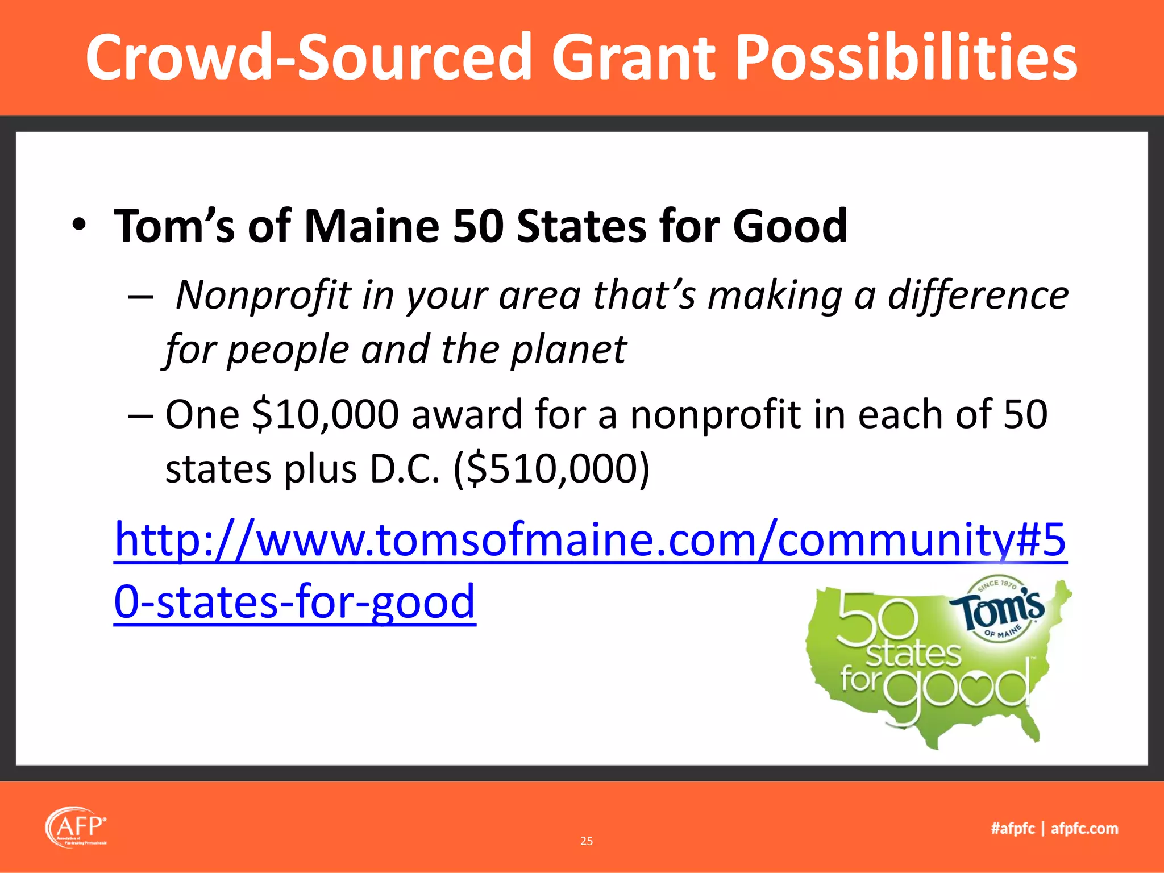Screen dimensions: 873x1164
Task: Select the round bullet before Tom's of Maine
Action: (x=79, y=225)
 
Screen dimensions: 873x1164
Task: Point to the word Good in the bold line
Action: (x=789, y=226)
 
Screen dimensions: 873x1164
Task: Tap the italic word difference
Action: (x=978, y=296)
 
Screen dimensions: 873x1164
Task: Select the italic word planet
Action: (x=568, y=350)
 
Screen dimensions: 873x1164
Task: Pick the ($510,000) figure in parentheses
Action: (x=551, y=469)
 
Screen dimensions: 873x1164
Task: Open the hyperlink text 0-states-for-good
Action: (x=294, y=601)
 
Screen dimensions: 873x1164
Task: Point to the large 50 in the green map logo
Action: (x=876, y=620)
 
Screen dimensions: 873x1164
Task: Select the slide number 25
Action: (x=587, y=841)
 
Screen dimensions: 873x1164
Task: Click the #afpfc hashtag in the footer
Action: (x=1013, y=828)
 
